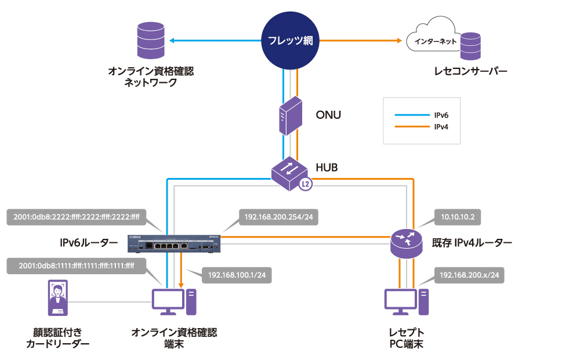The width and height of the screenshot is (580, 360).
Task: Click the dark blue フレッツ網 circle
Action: click(x=291, y=41)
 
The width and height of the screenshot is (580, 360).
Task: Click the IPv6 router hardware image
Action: click(x=175, y=242)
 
